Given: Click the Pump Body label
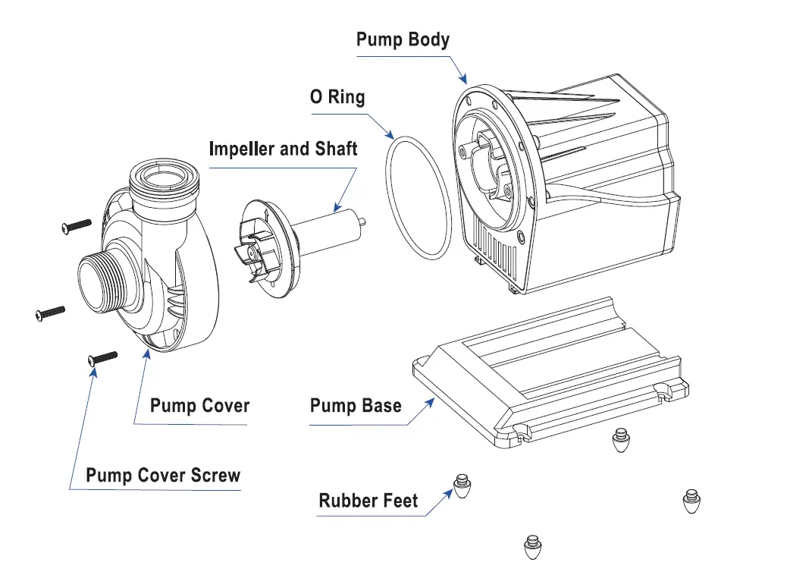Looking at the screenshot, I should tap(403, 40).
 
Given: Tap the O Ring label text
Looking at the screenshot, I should tap(337, 98).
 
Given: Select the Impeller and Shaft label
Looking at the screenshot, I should tap(283, 149).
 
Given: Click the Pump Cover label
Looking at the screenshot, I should tap(199, 406).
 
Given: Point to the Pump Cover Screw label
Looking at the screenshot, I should tap(163, 476).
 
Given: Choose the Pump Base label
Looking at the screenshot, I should tap(356, 406).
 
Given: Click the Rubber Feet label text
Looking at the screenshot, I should tap(368, 501).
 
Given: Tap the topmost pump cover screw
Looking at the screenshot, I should tap(76, 225).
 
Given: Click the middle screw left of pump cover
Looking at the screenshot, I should tap(50, 312).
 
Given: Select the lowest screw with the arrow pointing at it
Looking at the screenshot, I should tap(103, 357).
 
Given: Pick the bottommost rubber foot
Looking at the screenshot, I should tap(533, 547).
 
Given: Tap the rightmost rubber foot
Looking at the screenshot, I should tap(691, 501).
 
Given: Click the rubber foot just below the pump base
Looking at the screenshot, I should tap(621, 441).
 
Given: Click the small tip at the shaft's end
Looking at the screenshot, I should tap(366, 222).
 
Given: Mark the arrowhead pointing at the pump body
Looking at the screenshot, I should tap(464, 79).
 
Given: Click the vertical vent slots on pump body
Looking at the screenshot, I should tap(500, 255).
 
